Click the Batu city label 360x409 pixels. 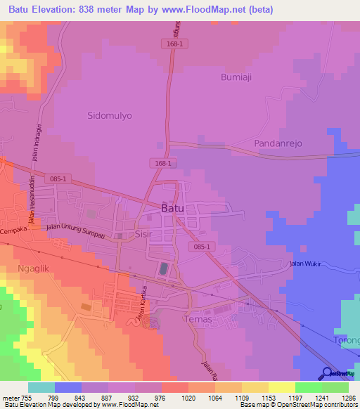pyautogui.click(x=173, y=209)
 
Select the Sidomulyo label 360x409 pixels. pyautogui.click(x=109, y=115)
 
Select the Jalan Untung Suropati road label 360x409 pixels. pyautogui.click(x=75, y=231)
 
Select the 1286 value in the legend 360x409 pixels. pyautogui.click(x=340, y=397)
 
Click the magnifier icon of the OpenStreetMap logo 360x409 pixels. pyautogui.click(x=327, y=373)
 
